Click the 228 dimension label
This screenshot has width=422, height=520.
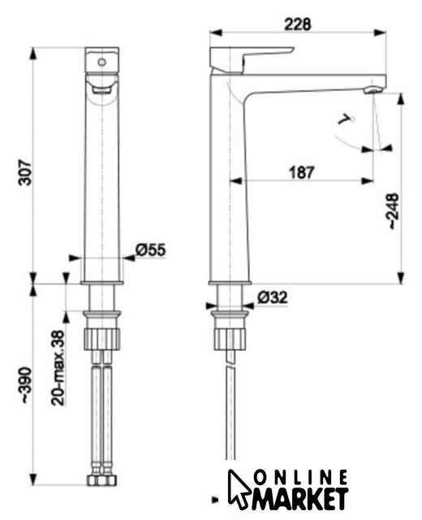coord(298,24)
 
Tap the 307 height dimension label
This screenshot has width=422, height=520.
coord(25,172)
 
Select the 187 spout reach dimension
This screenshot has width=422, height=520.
coord(301,172)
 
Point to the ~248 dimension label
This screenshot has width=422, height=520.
coord(393,210)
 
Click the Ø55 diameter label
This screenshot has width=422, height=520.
coord(151,249)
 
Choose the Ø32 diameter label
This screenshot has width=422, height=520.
coord(273,297)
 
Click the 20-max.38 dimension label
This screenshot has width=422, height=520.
coord(58,368)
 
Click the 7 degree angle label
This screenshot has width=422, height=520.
coord(346,119)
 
